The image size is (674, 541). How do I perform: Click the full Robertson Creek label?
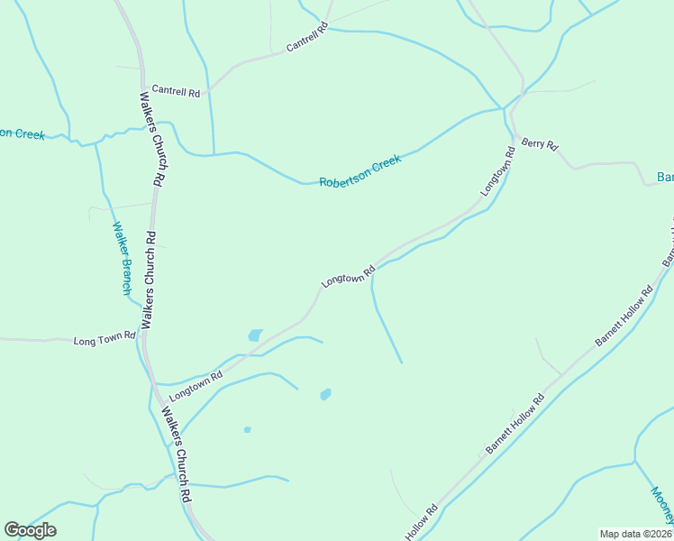pos(360,170)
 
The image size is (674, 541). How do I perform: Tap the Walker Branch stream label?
pos(121,259)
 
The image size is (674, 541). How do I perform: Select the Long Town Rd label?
pos(105,340)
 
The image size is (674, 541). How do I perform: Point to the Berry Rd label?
pos(541,144)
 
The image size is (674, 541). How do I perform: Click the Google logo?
pos(30,530)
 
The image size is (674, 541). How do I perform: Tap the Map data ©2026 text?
pos(635,534)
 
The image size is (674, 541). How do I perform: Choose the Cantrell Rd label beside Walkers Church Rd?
pos(176,90)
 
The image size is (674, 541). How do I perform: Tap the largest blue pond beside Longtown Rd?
pos(255,335)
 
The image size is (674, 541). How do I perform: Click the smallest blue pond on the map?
pos(247,429)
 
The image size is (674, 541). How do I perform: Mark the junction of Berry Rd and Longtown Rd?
pos(515,135)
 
